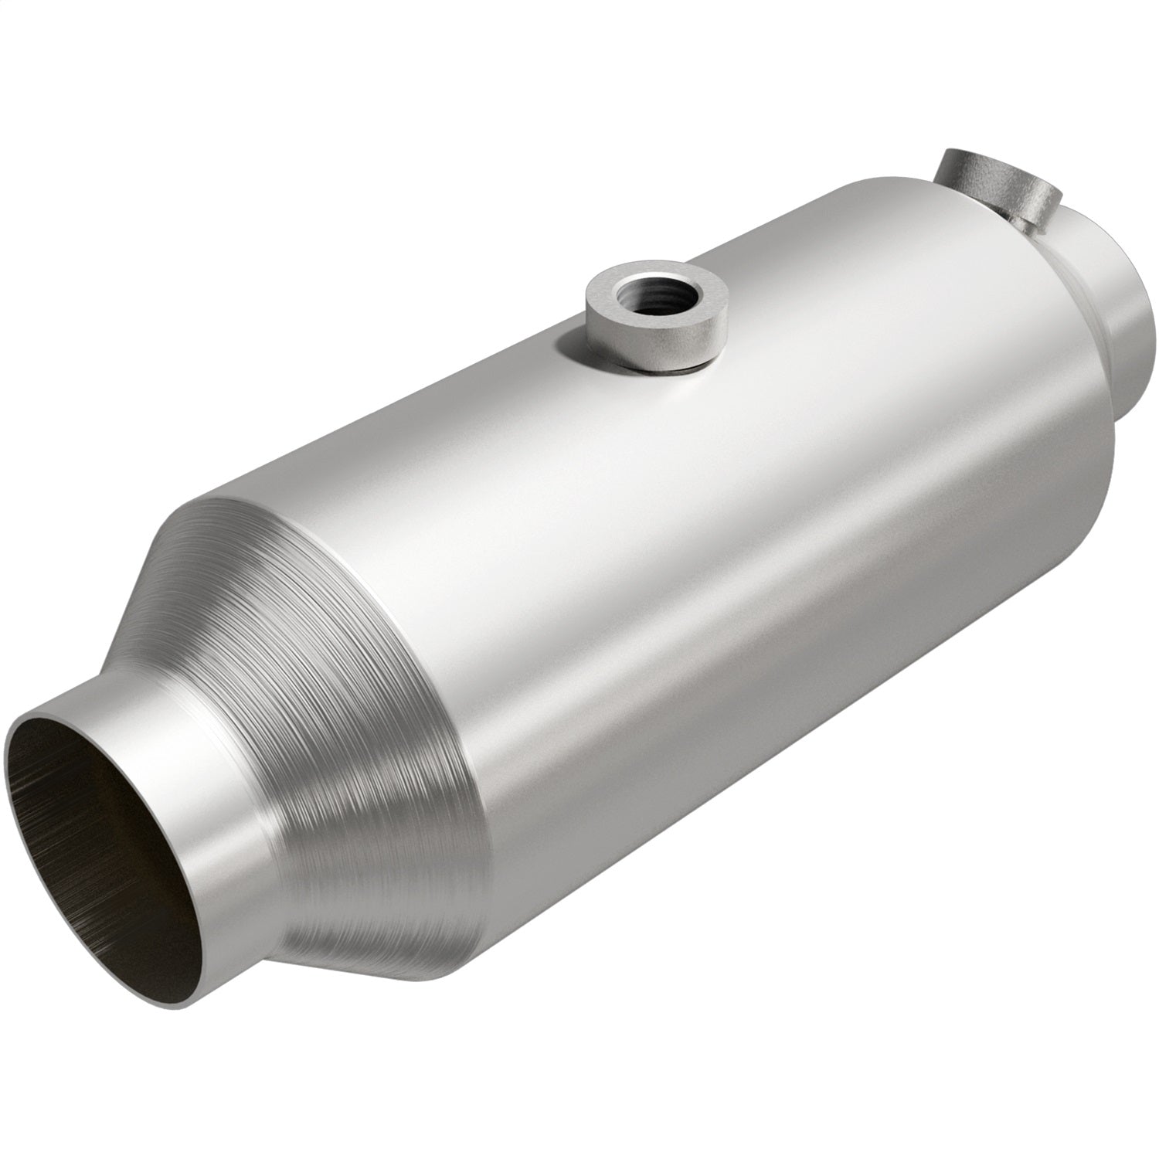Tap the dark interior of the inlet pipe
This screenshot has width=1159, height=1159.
pyautogui.click(x=116, y=834)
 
